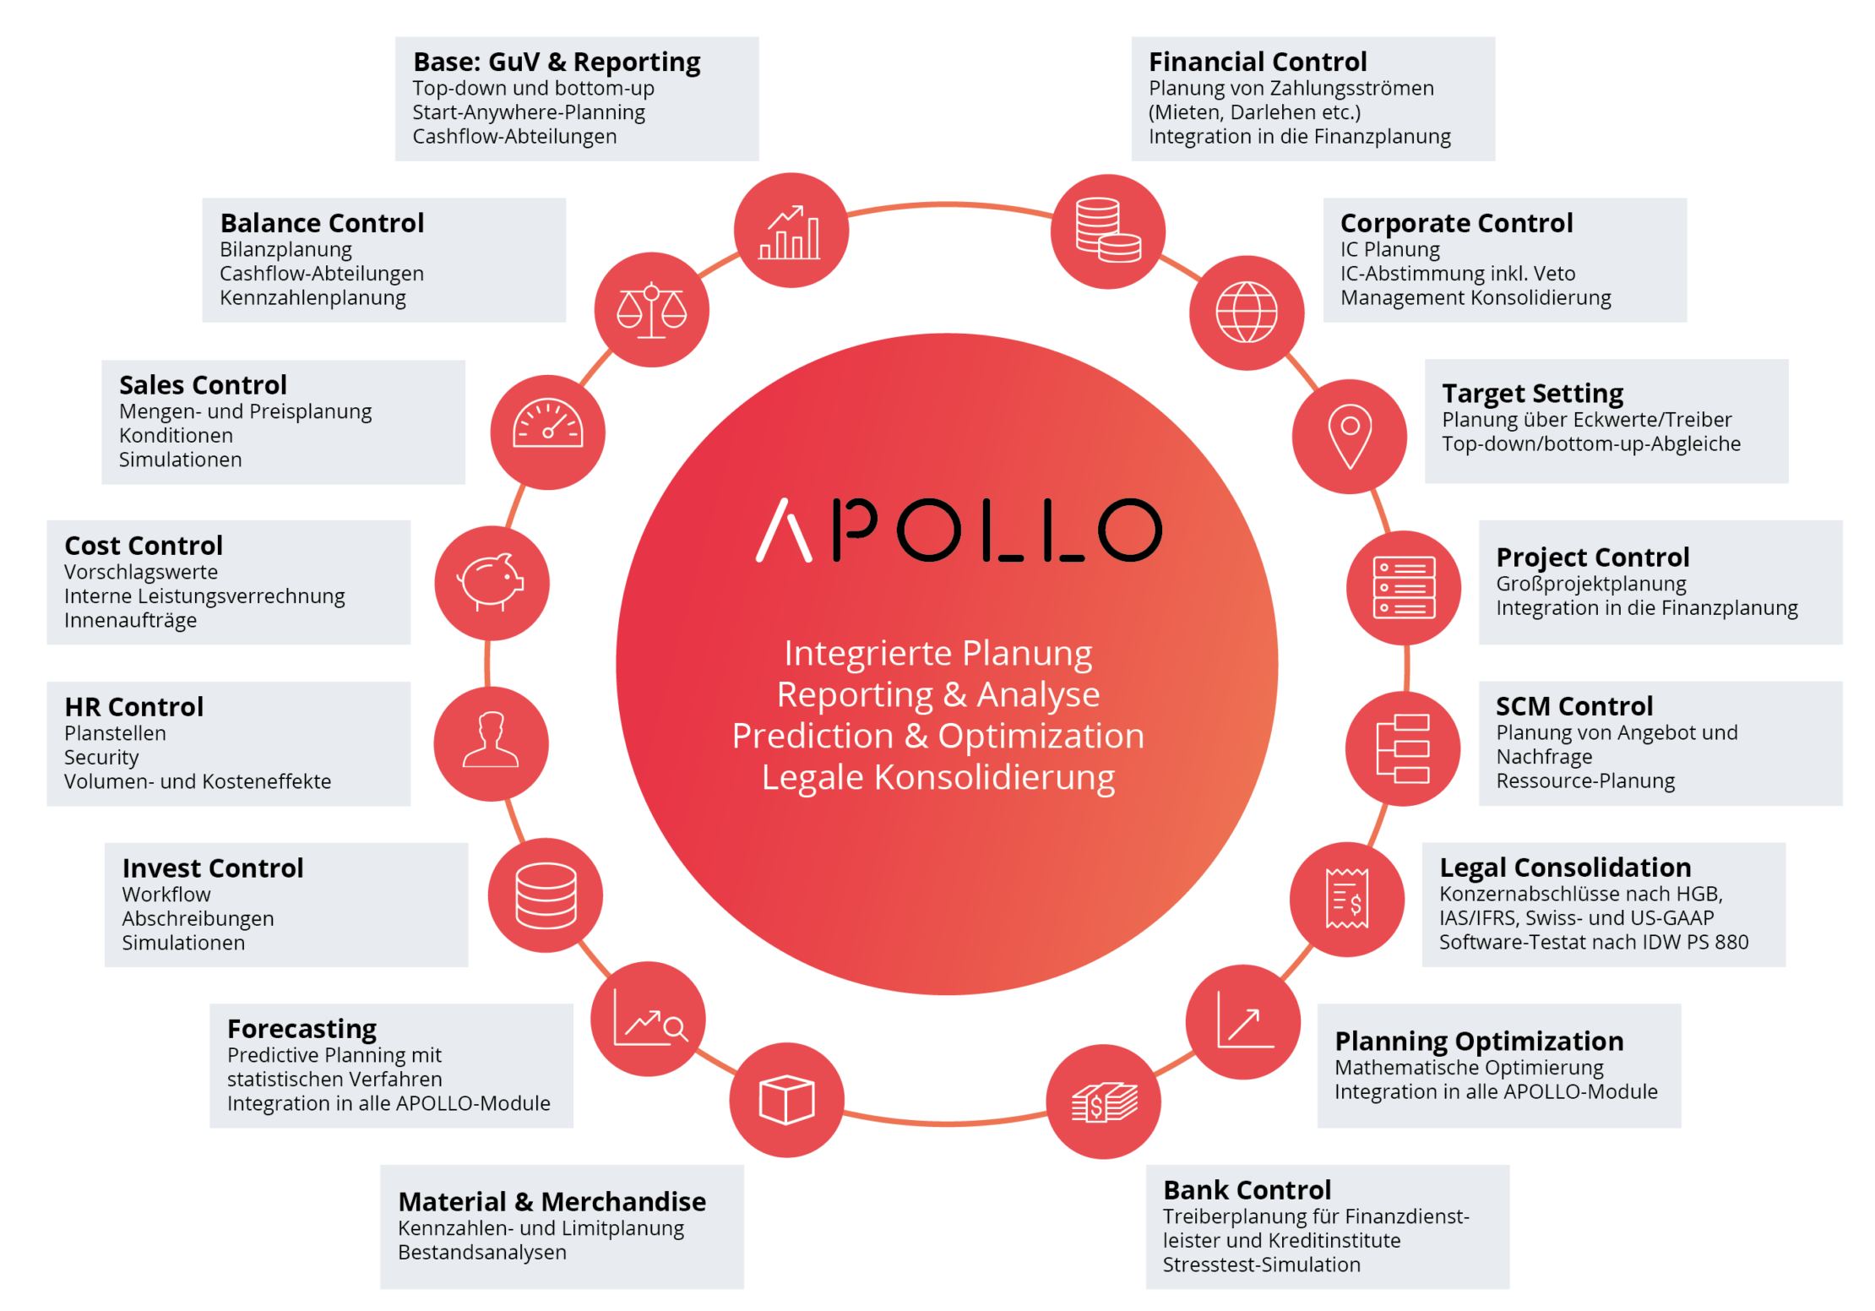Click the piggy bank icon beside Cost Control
492,582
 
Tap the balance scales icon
651,310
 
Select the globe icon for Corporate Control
1246,312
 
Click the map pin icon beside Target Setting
1350,436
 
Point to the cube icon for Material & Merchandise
786,1100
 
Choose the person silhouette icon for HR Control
491,743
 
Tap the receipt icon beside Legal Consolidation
1347,898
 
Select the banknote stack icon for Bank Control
1104,1102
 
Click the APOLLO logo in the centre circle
958,530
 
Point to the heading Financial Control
1257,62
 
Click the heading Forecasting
302,1028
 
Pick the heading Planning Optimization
1478,1040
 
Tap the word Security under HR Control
101,758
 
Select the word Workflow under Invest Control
166,895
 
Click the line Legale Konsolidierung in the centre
937,777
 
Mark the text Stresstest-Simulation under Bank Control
1261,1265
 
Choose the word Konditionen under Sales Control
176,436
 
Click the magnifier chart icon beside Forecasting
649,1020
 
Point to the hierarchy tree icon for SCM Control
1402,748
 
